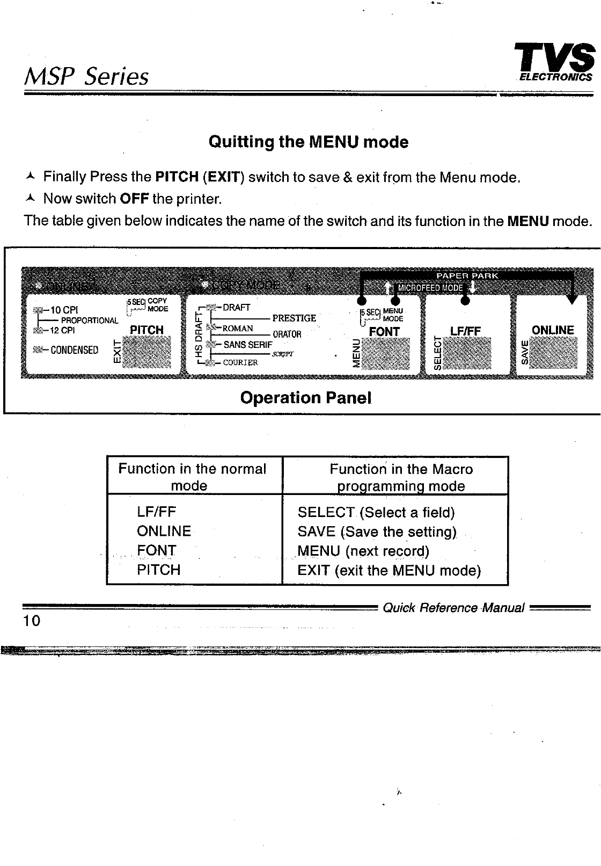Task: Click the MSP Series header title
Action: tap(86, 77)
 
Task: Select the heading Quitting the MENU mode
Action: tap(308, 142)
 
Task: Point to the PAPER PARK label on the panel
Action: tap(467, 275)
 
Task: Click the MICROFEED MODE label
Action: tap(429, 287)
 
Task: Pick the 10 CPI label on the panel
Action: tap(64, 310)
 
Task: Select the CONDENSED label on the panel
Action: tap(74, 350)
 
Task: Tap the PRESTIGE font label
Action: tap(294, 318)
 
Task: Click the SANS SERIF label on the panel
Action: tap(248, 345)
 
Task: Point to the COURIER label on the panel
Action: tap(240, 362)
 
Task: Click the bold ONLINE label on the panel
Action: tap(553, 330)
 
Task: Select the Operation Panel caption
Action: tap(306, 398)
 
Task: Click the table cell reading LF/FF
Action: tap(156, 512)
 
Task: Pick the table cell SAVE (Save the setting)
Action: tap(377, 532)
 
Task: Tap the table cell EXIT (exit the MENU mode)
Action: tap(389, 570)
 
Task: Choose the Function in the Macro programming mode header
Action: tap(401, 477)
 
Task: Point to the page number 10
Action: tap(32, 621)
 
